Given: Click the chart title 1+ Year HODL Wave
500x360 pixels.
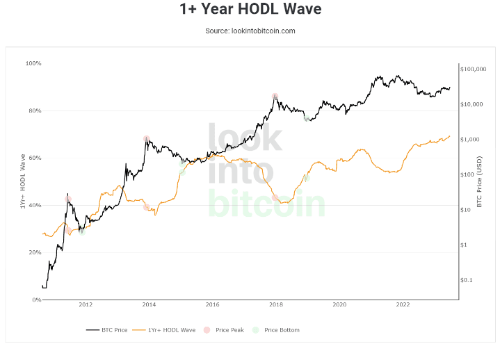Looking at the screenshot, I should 250,10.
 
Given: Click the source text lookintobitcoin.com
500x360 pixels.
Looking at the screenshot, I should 250,31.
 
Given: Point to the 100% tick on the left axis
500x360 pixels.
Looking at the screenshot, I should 33,63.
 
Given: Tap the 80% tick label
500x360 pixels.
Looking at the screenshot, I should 35,111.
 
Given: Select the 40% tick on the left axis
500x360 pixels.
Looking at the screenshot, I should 35,205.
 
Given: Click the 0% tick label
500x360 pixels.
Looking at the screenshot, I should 36,300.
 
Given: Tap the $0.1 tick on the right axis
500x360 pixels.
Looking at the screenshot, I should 467,280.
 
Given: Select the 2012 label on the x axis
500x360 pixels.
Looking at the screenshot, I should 86,304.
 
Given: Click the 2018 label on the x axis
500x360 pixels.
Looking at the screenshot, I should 276,304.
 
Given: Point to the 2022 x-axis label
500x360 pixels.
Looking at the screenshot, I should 403,304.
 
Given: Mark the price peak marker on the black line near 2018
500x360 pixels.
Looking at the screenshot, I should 275,97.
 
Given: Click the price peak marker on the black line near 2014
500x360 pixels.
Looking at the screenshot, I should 146,138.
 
